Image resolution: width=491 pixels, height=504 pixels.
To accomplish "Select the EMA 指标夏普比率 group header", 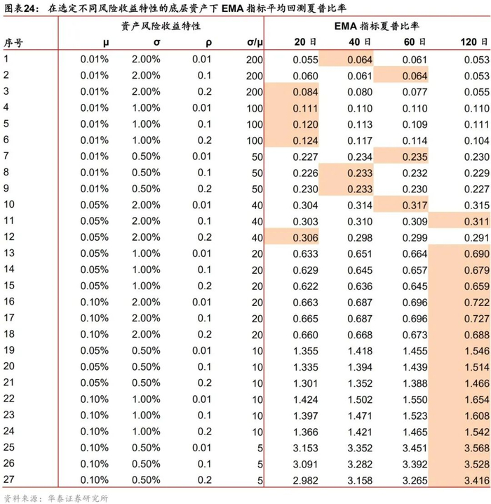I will click(376, 25).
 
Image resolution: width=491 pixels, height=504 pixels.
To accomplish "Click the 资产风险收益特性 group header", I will click(161, 25).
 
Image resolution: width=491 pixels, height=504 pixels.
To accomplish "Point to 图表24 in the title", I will click(19, 7).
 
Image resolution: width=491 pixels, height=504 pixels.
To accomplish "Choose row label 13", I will click(9, 253).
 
